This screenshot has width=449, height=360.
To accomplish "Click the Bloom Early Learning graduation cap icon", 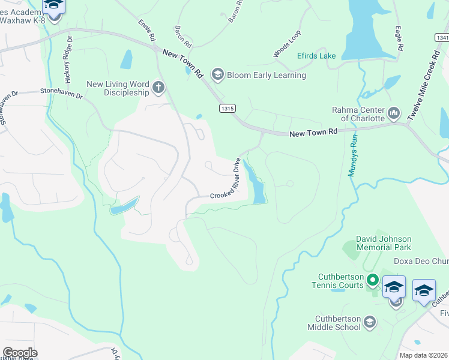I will [x=217, y=75].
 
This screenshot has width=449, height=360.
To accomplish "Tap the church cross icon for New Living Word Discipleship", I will [x=158, y=88].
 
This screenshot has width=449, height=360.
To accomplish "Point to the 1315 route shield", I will [x=227, y=109].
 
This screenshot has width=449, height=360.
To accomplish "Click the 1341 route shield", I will [x=441, y=38].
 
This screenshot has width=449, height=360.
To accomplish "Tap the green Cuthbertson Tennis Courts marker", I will [x=372, y=280].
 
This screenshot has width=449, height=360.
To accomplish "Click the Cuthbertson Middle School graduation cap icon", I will [x=370, y=322].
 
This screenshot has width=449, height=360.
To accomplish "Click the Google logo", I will [x=19, y=353].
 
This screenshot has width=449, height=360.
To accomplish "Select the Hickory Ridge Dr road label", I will [x=67, y=59].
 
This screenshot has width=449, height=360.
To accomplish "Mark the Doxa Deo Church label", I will [x=420, y=261].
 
